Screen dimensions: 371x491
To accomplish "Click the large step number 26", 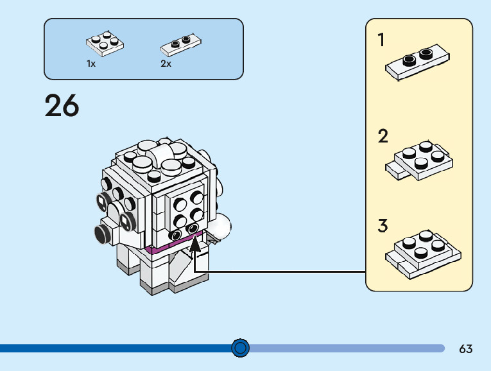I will tap(62, 106).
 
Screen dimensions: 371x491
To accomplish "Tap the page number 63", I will tap(466, 349).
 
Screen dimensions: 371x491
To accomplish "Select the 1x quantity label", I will tap(91, 64).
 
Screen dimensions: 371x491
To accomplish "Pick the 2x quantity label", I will tap(166, 64).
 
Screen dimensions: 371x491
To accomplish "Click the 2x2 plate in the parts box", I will tap(105, 42).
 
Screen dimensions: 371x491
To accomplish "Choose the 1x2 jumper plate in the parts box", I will tap(180, 44).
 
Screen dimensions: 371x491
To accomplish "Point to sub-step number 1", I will tap(381, 40).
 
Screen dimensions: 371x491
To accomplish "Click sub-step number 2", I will tap(383, 136).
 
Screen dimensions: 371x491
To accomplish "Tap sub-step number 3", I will tap(383, 226).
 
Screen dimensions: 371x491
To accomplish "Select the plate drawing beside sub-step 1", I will tap(417, 62).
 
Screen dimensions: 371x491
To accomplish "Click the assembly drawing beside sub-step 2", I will tap(419, 160).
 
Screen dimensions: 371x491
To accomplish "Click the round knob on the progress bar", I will tap(240, 348).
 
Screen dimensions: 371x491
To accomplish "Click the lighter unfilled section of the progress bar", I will tap(347, 348).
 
